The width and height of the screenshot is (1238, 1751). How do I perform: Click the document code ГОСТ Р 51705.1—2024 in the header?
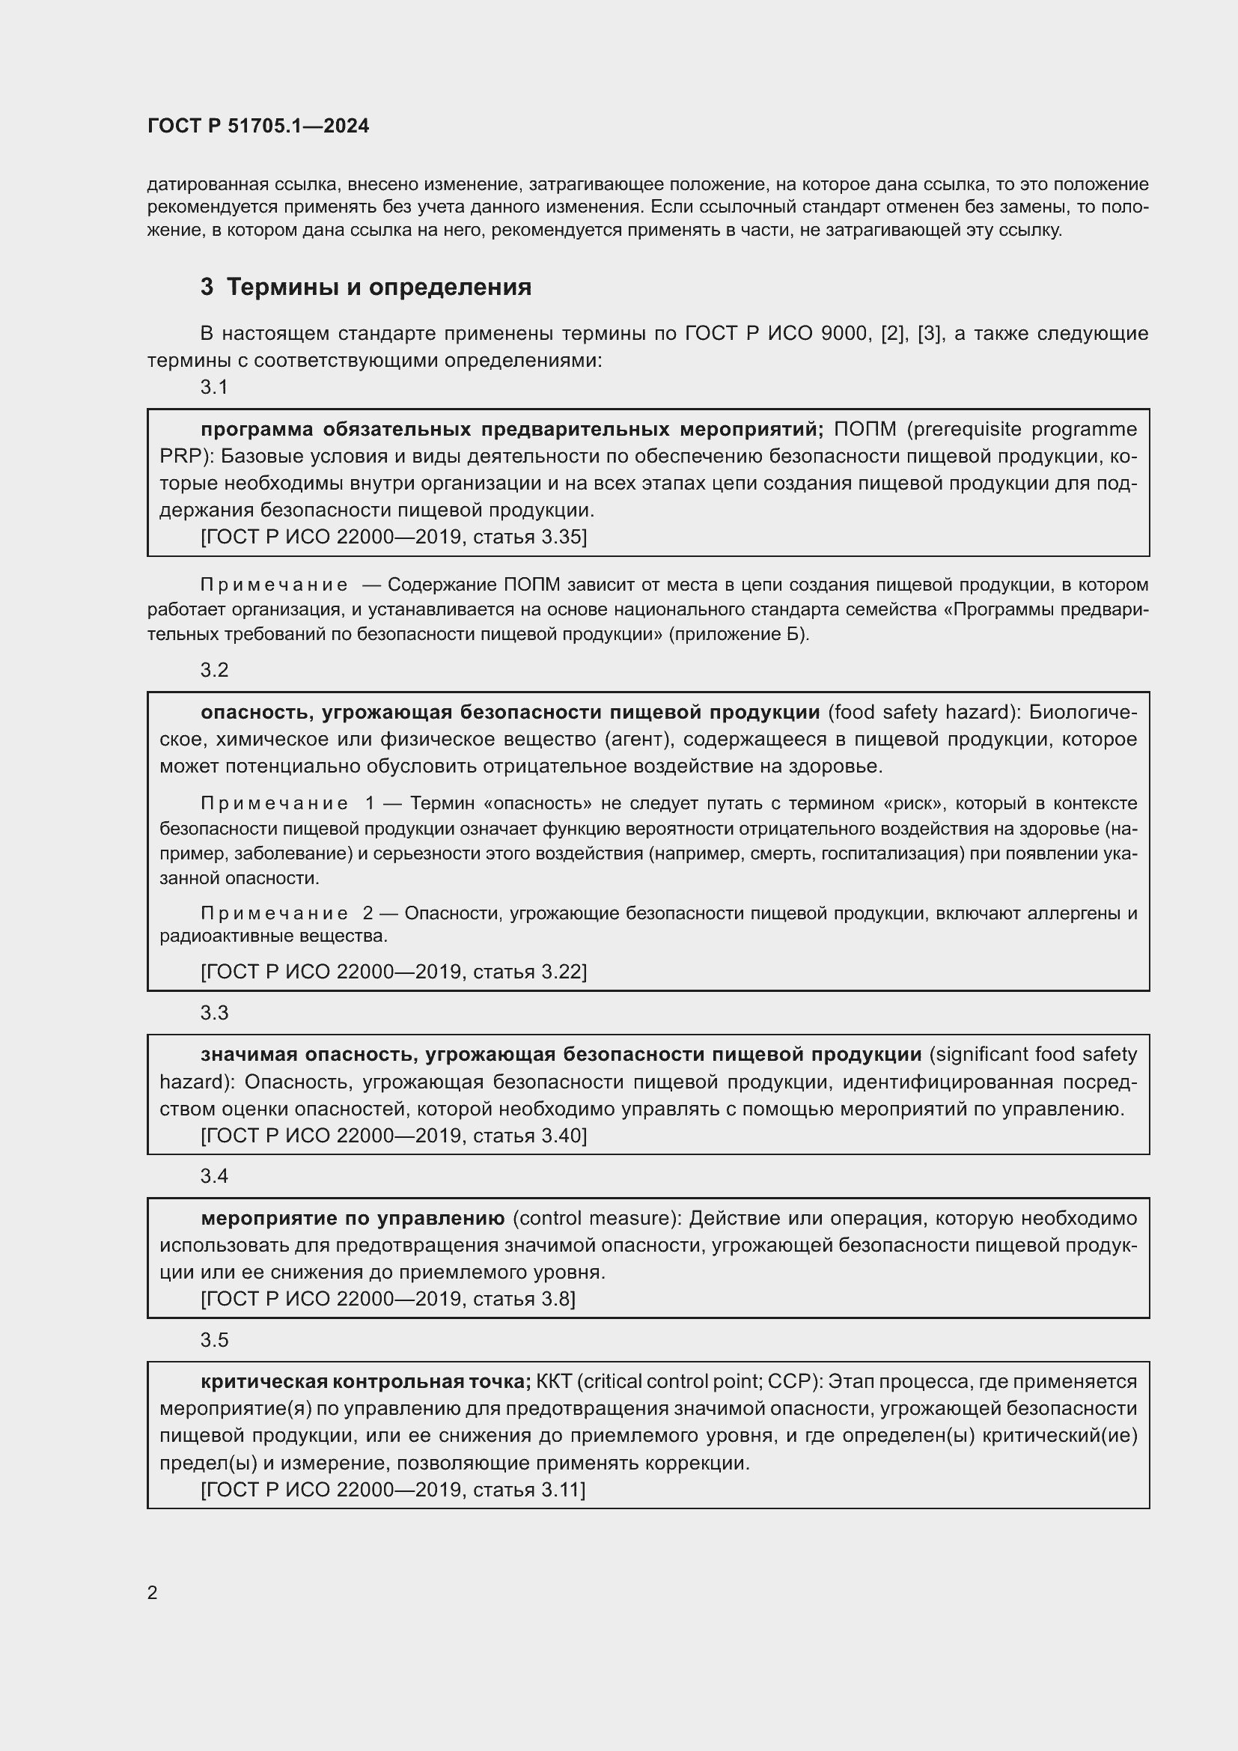(257, 126)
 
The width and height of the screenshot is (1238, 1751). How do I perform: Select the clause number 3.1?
(214, 388)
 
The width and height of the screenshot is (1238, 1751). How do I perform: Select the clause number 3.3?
(214, 1013)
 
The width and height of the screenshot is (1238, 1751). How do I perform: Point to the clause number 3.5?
(214, 1340)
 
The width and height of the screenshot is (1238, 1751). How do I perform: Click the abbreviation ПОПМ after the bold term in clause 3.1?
(865, 430)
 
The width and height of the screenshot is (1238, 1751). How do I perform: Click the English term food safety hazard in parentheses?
(923, 712)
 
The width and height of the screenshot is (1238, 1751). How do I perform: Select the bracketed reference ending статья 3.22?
(394, 972)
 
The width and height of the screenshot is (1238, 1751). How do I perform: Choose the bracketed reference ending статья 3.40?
(394, 1136)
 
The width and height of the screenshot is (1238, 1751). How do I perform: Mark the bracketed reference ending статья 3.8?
(388, 1299)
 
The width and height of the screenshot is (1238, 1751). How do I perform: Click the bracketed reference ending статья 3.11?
(394, 1490)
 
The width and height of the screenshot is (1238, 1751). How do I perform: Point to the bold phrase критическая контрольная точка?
(366, 1382)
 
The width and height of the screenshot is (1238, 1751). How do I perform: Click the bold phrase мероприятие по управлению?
(353, 1219)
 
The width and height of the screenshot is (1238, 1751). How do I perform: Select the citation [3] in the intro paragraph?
(927, 333)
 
